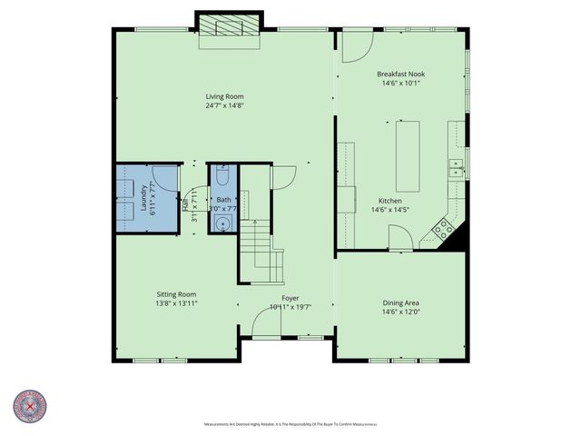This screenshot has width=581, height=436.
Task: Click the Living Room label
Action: (x=224, y=96)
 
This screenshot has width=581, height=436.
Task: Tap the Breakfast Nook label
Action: (x=399, y=74)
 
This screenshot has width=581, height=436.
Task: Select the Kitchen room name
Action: (x=390, y=201)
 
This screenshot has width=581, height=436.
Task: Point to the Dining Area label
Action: (x=399, y=302)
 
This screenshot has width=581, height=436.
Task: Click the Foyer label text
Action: (x=290, y=298)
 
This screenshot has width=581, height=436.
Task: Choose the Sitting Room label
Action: (x=176, y=294)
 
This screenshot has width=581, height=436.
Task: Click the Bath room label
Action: (x=223, y=200)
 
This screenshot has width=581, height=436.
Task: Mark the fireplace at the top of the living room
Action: (x=230, y=26)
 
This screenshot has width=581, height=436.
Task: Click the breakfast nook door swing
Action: (x=356, y=42)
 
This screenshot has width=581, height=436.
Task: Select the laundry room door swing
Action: (x=164, y=179)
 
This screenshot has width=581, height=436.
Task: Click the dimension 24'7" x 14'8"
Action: (x=224, y=105)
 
